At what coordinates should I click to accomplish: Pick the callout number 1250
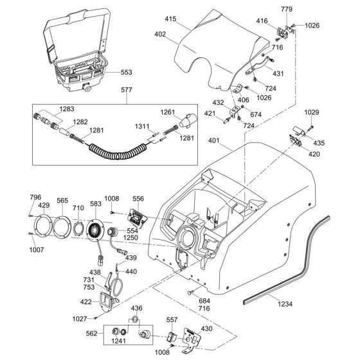point(131,238)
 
